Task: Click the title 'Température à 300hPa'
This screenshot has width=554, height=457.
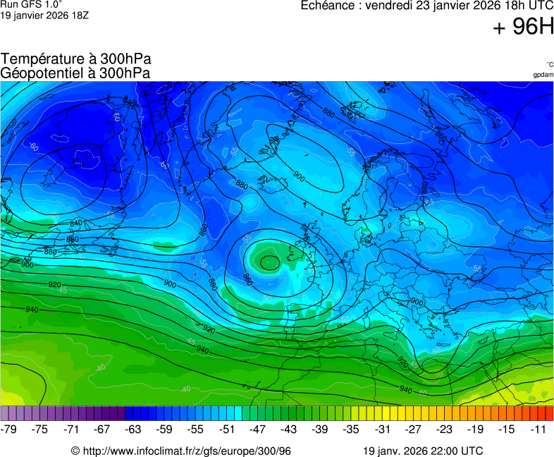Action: pyautogui.click(x=76, y=59)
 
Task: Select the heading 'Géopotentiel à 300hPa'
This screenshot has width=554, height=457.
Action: pyautogui.click(x=75, y=73)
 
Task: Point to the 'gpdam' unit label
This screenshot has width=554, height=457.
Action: pyautogui.click(x=543, y=74)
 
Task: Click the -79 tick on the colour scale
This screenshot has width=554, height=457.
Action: pyautogui.click(x=9, y=429)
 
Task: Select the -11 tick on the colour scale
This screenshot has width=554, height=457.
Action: pyautogui.click(x=540, y=429)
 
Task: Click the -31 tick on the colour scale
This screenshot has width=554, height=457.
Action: pyautogui.click(x=382, y=429)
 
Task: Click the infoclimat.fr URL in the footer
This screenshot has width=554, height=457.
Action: pyautogui.click(x=181, y=451)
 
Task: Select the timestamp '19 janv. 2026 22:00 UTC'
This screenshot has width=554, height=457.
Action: pyautogui.click(x=423, y=451)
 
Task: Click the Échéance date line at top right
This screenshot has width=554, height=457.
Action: pyautogui.click(x=426, y=6)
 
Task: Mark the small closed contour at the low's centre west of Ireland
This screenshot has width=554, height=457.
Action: pyautogui.click(x=269, y=262)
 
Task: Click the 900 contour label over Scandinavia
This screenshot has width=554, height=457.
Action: pyautogui.click(x=299, y=176)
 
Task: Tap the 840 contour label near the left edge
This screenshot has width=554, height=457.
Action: pyautogui.click(x=76, y=224)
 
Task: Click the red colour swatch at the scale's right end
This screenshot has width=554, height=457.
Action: pyautogui.click(x=548, y=413)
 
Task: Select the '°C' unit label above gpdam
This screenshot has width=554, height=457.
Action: pyautogui.click(x=549, y=64)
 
